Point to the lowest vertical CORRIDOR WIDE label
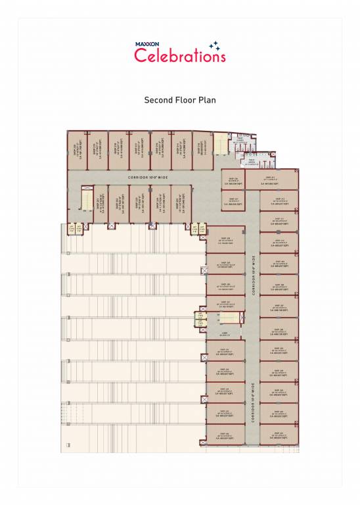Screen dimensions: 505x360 pos(253,397)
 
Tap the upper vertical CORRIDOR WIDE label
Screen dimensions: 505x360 pos(253,273)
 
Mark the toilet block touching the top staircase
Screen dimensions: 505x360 pos(239,145)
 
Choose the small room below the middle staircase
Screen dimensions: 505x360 pos(225,333)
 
